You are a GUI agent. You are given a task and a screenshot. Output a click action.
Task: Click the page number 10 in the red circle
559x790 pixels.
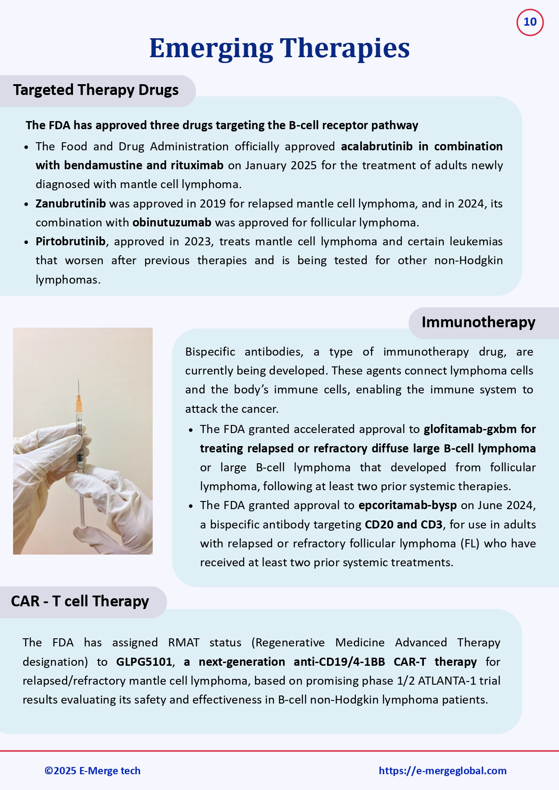pyautogui.click(x=530, y=22)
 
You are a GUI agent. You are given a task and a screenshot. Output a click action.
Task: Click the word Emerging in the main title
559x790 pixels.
pyautogui.click(x=211, y=48)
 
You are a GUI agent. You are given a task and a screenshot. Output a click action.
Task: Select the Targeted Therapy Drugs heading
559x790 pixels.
pyautogui.click(x=95, y=90)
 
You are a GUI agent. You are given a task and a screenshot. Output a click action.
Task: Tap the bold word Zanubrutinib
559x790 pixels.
pyautogui.click(x=71, y=203)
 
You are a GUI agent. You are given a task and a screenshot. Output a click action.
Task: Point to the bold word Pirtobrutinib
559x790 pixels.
pyautogui.click(x=70, y=242)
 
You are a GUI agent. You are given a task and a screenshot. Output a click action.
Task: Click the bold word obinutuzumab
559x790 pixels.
pyautogui.click(x=172, y=223)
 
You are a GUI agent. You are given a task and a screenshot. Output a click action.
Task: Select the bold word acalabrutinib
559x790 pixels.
pyautogui.click(x=377, y=147)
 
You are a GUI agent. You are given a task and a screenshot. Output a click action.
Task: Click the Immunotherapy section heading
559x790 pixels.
pyautogui.click(x=478, y=322)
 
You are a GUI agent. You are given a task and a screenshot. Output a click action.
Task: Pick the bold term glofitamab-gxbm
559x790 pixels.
pyautogui.click(x=470, y=429)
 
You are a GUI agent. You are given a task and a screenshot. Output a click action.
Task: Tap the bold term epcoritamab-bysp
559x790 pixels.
pyautogui.click(x=407, y=506)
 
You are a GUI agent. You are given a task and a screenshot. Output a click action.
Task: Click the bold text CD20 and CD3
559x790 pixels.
pyautogui.click(x=403, y=525)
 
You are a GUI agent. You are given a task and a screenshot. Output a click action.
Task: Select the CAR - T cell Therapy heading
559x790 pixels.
pyautogui.click(x=80, y=601)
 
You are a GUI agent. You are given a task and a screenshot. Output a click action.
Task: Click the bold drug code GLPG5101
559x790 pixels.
pyautogui.click(x=144, y=662)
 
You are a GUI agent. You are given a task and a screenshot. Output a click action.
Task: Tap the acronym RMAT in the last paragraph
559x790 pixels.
pyautogui.click(x=183, y=643)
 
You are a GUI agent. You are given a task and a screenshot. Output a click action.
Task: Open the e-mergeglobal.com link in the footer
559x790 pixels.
pyautogui.click(x=442, y=771)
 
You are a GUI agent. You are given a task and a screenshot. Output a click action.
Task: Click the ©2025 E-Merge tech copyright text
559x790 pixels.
pyautogui.click(x=92, y=771)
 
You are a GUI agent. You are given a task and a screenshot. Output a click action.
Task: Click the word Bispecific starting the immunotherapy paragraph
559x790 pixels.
pyautogui.click(x=210, y=352)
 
